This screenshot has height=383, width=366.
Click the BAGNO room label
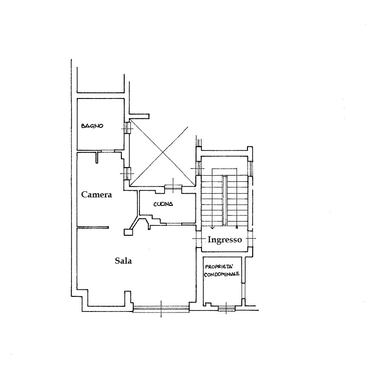tap(92, 126)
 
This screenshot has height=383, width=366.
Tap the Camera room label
tap(96, 195)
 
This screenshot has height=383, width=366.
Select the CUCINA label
tap(163, 204)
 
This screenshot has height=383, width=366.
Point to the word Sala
tap(123, 261)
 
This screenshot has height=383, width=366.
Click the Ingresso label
tap(225, 240)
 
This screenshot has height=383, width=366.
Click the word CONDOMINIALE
tap(222, 274)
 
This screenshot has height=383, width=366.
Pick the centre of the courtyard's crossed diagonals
tap(163, 152)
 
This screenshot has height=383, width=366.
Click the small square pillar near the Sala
tap(128, 232)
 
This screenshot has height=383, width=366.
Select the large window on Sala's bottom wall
tap(161, 310)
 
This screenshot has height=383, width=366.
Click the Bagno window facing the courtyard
tap(127, 128)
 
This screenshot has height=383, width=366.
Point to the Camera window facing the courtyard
tap(127, 173)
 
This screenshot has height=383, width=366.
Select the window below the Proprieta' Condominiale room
tap(226, 309)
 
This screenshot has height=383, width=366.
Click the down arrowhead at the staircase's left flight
tap(212, 228)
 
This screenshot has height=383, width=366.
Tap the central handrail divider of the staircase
tap(225, 201)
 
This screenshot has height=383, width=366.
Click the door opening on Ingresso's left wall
tap(199, 239)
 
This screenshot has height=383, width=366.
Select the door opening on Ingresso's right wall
tap(250, 239)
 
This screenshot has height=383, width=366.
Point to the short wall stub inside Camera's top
tap(97, 157)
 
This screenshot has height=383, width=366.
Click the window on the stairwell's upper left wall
tap(199, 169)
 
